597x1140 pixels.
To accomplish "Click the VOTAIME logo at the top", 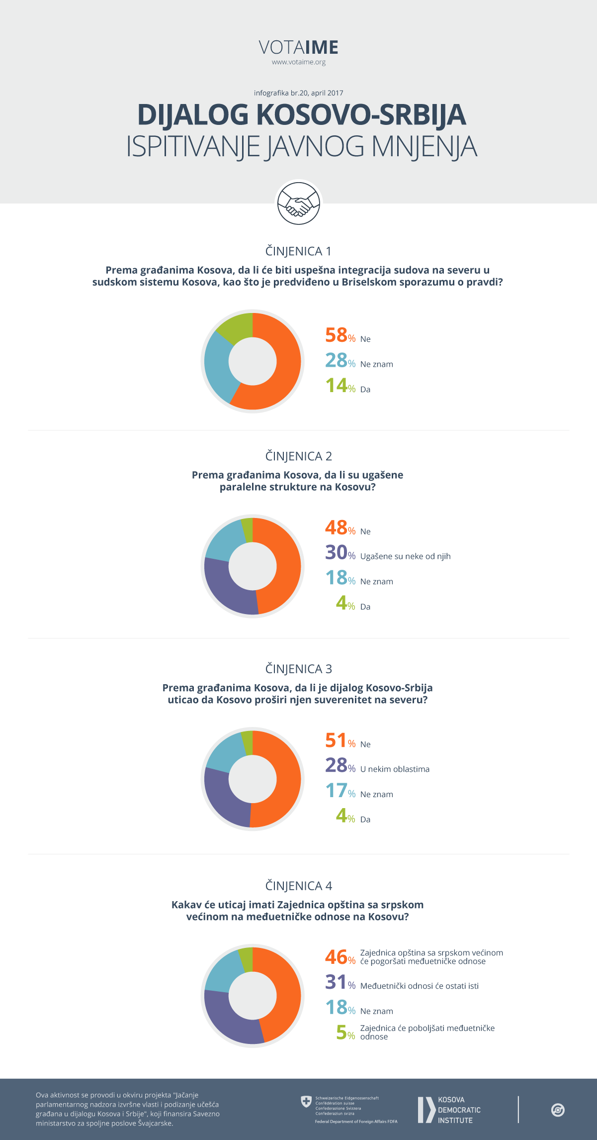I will coord(298,48).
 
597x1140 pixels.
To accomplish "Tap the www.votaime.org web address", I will coord(298,62).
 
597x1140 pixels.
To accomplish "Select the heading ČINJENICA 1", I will coord(298,251).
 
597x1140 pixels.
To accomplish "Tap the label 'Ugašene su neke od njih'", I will coord(405,556).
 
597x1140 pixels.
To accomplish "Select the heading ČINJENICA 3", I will coord(298,669).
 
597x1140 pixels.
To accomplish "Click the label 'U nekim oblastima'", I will coord(395,769).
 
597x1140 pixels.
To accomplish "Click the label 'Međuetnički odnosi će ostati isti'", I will coord(419,986).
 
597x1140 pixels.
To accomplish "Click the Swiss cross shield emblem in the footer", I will coord(306,1102).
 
